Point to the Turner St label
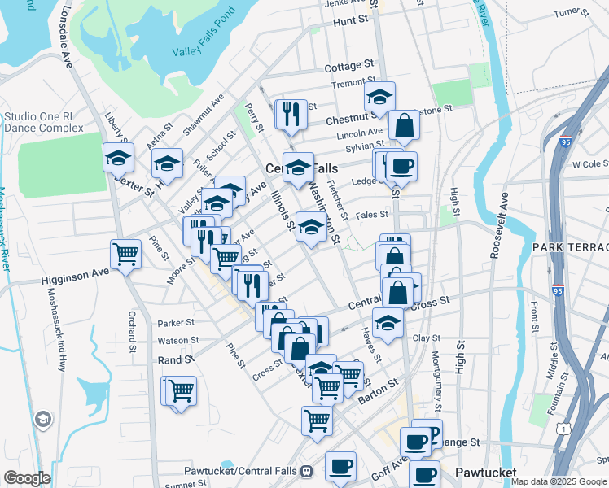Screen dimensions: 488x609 click(572, 13)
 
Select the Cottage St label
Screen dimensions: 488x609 click(348, 66)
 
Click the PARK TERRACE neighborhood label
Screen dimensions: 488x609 click(571, 246)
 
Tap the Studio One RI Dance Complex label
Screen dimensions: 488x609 click(43, 122)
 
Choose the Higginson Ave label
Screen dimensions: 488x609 click(75, 278)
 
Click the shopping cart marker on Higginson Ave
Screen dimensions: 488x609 click(126, 255)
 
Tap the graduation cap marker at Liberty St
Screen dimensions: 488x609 click(118, 157)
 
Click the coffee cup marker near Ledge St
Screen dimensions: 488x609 click(401, 167)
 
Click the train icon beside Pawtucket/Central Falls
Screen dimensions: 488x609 click(307, 471)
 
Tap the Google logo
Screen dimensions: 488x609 click(27, 477)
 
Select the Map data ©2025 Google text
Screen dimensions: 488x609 click(559, 481)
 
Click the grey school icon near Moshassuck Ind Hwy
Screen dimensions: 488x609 click(42, 420)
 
